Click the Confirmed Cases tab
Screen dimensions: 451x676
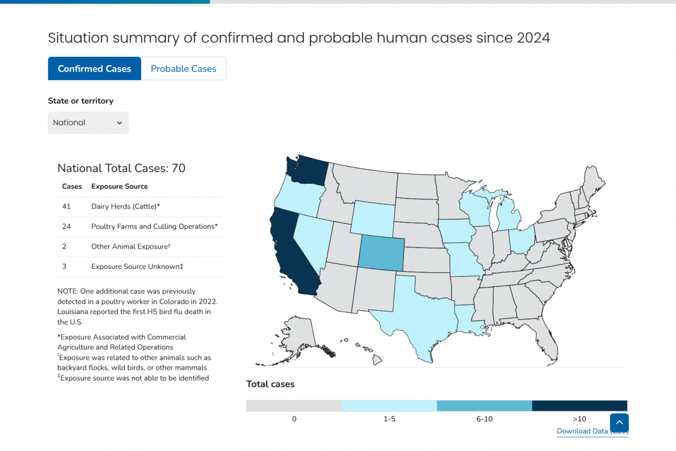(94, 69)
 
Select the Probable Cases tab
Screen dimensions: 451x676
(184, 69)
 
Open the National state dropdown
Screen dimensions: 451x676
(88, 123)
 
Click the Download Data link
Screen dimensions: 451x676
(582, 431)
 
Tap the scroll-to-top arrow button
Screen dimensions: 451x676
(619, 423)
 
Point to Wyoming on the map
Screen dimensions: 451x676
(374, 217)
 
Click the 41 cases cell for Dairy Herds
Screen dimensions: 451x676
(66, 207)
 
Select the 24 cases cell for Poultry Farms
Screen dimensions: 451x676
(66, 227)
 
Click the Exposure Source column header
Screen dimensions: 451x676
(119, 187)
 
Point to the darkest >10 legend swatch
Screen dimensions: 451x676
(579, 406)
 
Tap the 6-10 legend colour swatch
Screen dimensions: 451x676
(484, 406)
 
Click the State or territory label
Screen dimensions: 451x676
(81, 101)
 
